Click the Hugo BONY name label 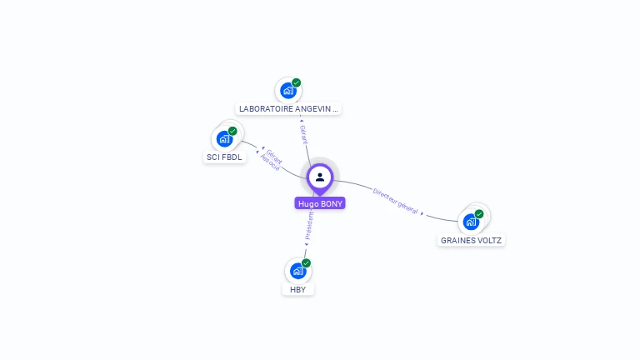pos(320,203)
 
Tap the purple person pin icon pos(320,177)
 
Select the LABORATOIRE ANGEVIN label pos(289,108)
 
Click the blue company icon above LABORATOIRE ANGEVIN pos(288,90)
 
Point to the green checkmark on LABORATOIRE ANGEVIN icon pos(297,82)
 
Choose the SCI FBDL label pos(225,157)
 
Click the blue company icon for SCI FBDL pos(224,138)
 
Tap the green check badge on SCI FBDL pos(232,131)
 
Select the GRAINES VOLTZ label pos(472,240)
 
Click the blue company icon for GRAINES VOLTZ pos(471,222)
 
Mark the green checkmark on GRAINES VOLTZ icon pos(479,214)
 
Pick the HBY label pos(298,289)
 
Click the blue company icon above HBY pos(297,271)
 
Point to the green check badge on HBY pos(306,263)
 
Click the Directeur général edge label pos(395,199)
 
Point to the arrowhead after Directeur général pos(422,214)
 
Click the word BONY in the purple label pos(331,203)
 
